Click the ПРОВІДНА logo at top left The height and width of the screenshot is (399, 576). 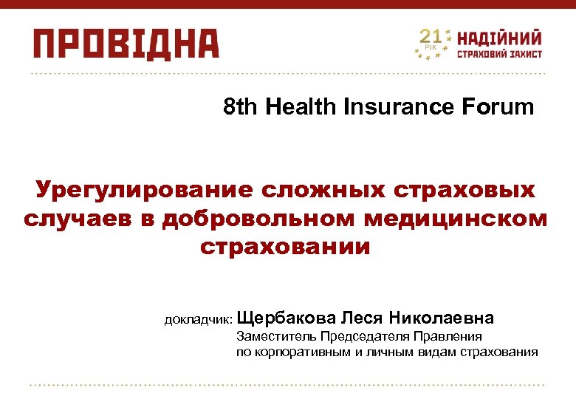tap(126, 44)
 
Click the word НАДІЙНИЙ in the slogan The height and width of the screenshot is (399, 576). tap(500, 38)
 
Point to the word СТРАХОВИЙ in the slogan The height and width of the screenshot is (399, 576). tap(478, 54)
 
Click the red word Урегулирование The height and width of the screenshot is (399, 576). tap(143, 191)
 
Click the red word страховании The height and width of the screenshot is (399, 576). tap(285, 247)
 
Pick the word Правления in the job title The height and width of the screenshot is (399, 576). tap(449, 337)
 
